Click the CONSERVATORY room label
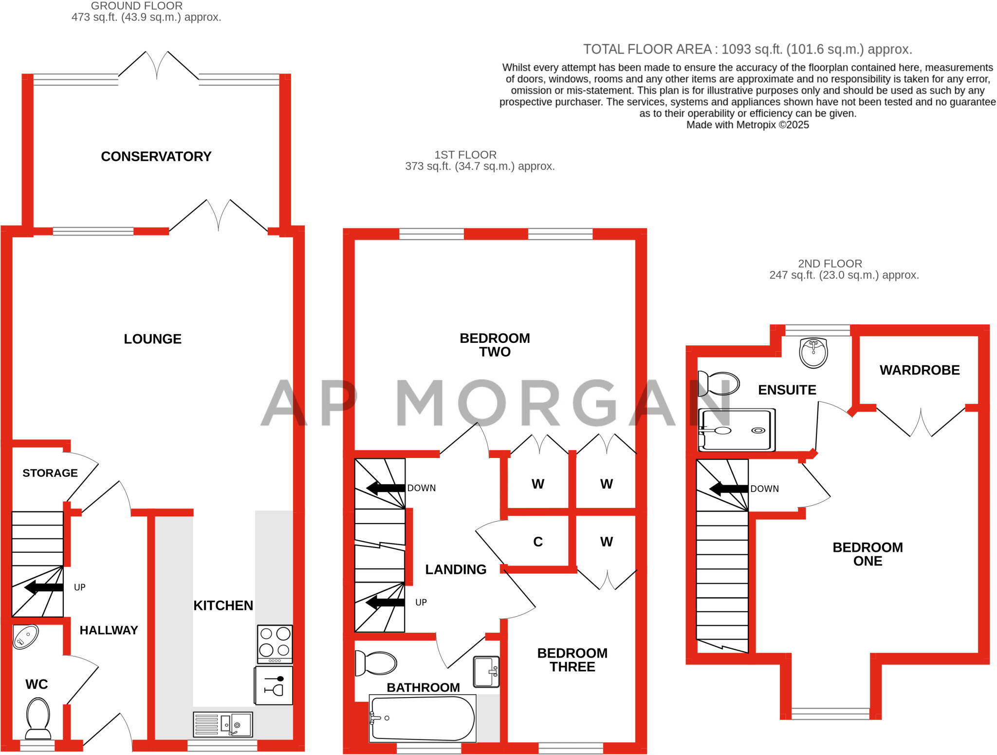pyautogui.click(x=156, y=156)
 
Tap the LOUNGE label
pyautogui.click(x=152, y=339)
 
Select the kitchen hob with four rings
pyautogui.click(x=275, y=643)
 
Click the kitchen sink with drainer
pyautogui.click(x=223, y=724)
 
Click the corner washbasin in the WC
pyautogui.click(x=25, y=637)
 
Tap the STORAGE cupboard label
pyautogui.click(x=50, y=473)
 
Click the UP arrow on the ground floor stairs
pyautogui.click(x=44, y=587)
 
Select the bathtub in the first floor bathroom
pyautogui.click(x=423, y=718)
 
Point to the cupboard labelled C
pyautogui.click(x=537, y=542)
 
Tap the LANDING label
pyautogui.click(x=456, y=569)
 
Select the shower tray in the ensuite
pyautogui.click(x=737, y=430)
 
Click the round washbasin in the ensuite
pyautogui.click(x=813, y=353)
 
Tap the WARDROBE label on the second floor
pyautogui.click(x=920, y=370)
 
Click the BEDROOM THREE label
pyautogui.click(x=572, y=660)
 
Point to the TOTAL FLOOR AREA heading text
pyautogui.click(x=747, y=49)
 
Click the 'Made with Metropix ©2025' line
pyautogui.click(x=747, y=125)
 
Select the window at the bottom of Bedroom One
pyautogui.click(x=830, y=714)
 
